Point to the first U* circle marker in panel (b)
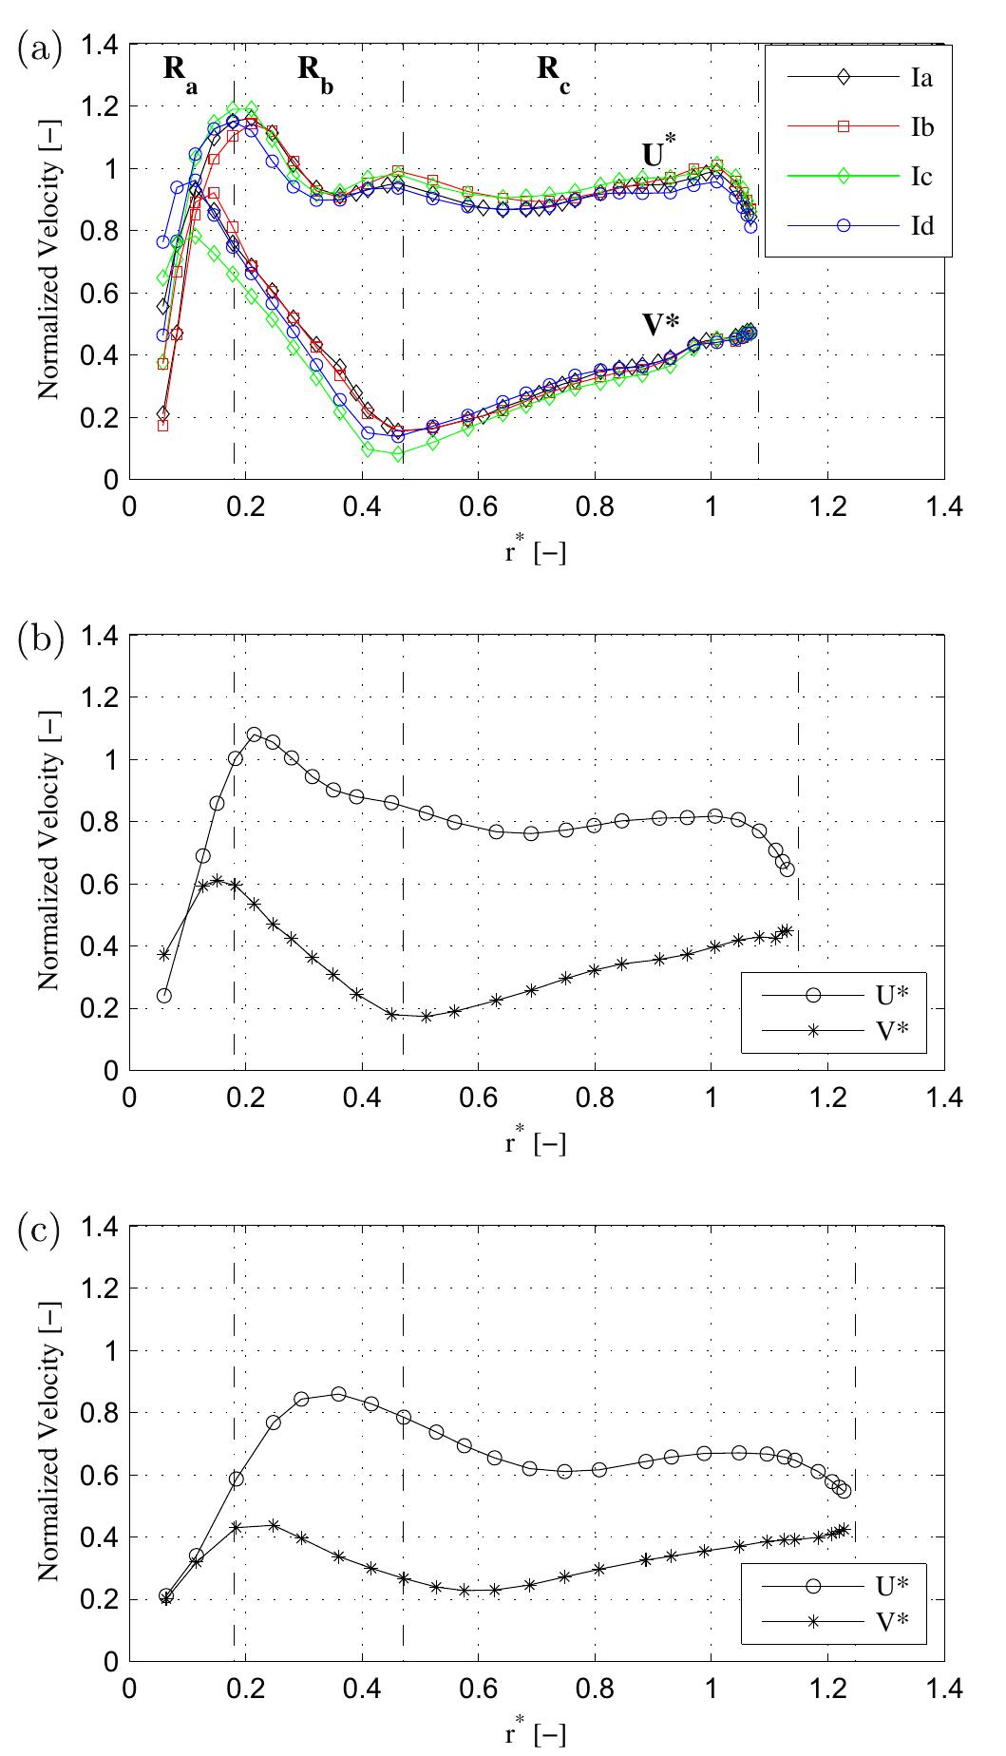164,996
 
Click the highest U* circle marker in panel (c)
338,1394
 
